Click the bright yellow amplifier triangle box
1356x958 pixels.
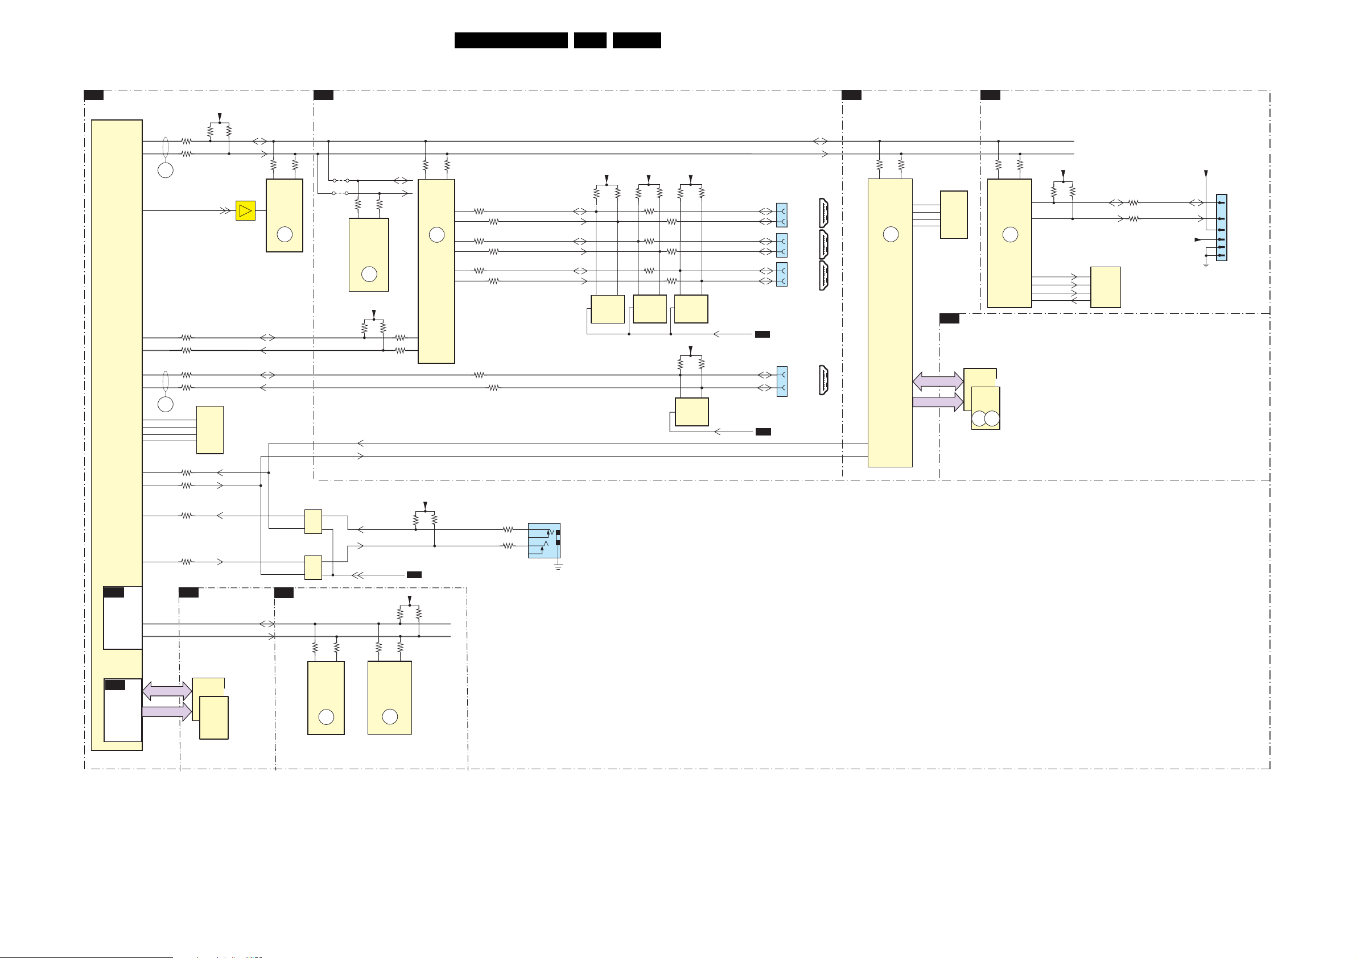pos(245,211)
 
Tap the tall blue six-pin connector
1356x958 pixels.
pos(1221,227)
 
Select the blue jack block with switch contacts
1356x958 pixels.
pos(543,540)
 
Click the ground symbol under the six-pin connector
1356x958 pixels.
pos(1205,264)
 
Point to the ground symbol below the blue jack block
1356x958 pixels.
pos(558,567)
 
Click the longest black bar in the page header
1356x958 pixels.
pos(511,40)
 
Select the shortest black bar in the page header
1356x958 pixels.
pos(590,40)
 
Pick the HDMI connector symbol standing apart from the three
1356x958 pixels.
pos(823,380)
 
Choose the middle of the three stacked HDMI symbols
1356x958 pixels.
pos(823,244)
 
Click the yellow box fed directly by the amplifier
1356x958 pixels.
pos(284,215)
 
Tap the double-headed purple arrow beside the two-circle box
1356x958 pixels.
pos(938,381)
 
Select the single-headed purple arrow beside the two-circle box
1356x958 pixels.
pos(938,403)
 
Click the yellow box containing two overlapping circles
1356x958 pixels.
pos(985,408)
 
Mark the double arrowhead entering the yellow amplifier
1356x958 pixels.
pos(225,211)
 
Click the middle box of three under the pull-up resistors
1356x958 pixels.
pos(650,309)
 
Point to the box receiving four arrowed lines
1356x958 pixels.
pos(1105,287)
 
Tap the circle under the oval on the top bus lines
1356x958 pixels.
pos(166,171)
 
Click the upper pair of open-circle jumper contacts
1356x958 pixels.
pos(340,181)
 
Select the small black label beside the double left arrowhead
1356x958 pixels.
pos(414,575)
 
